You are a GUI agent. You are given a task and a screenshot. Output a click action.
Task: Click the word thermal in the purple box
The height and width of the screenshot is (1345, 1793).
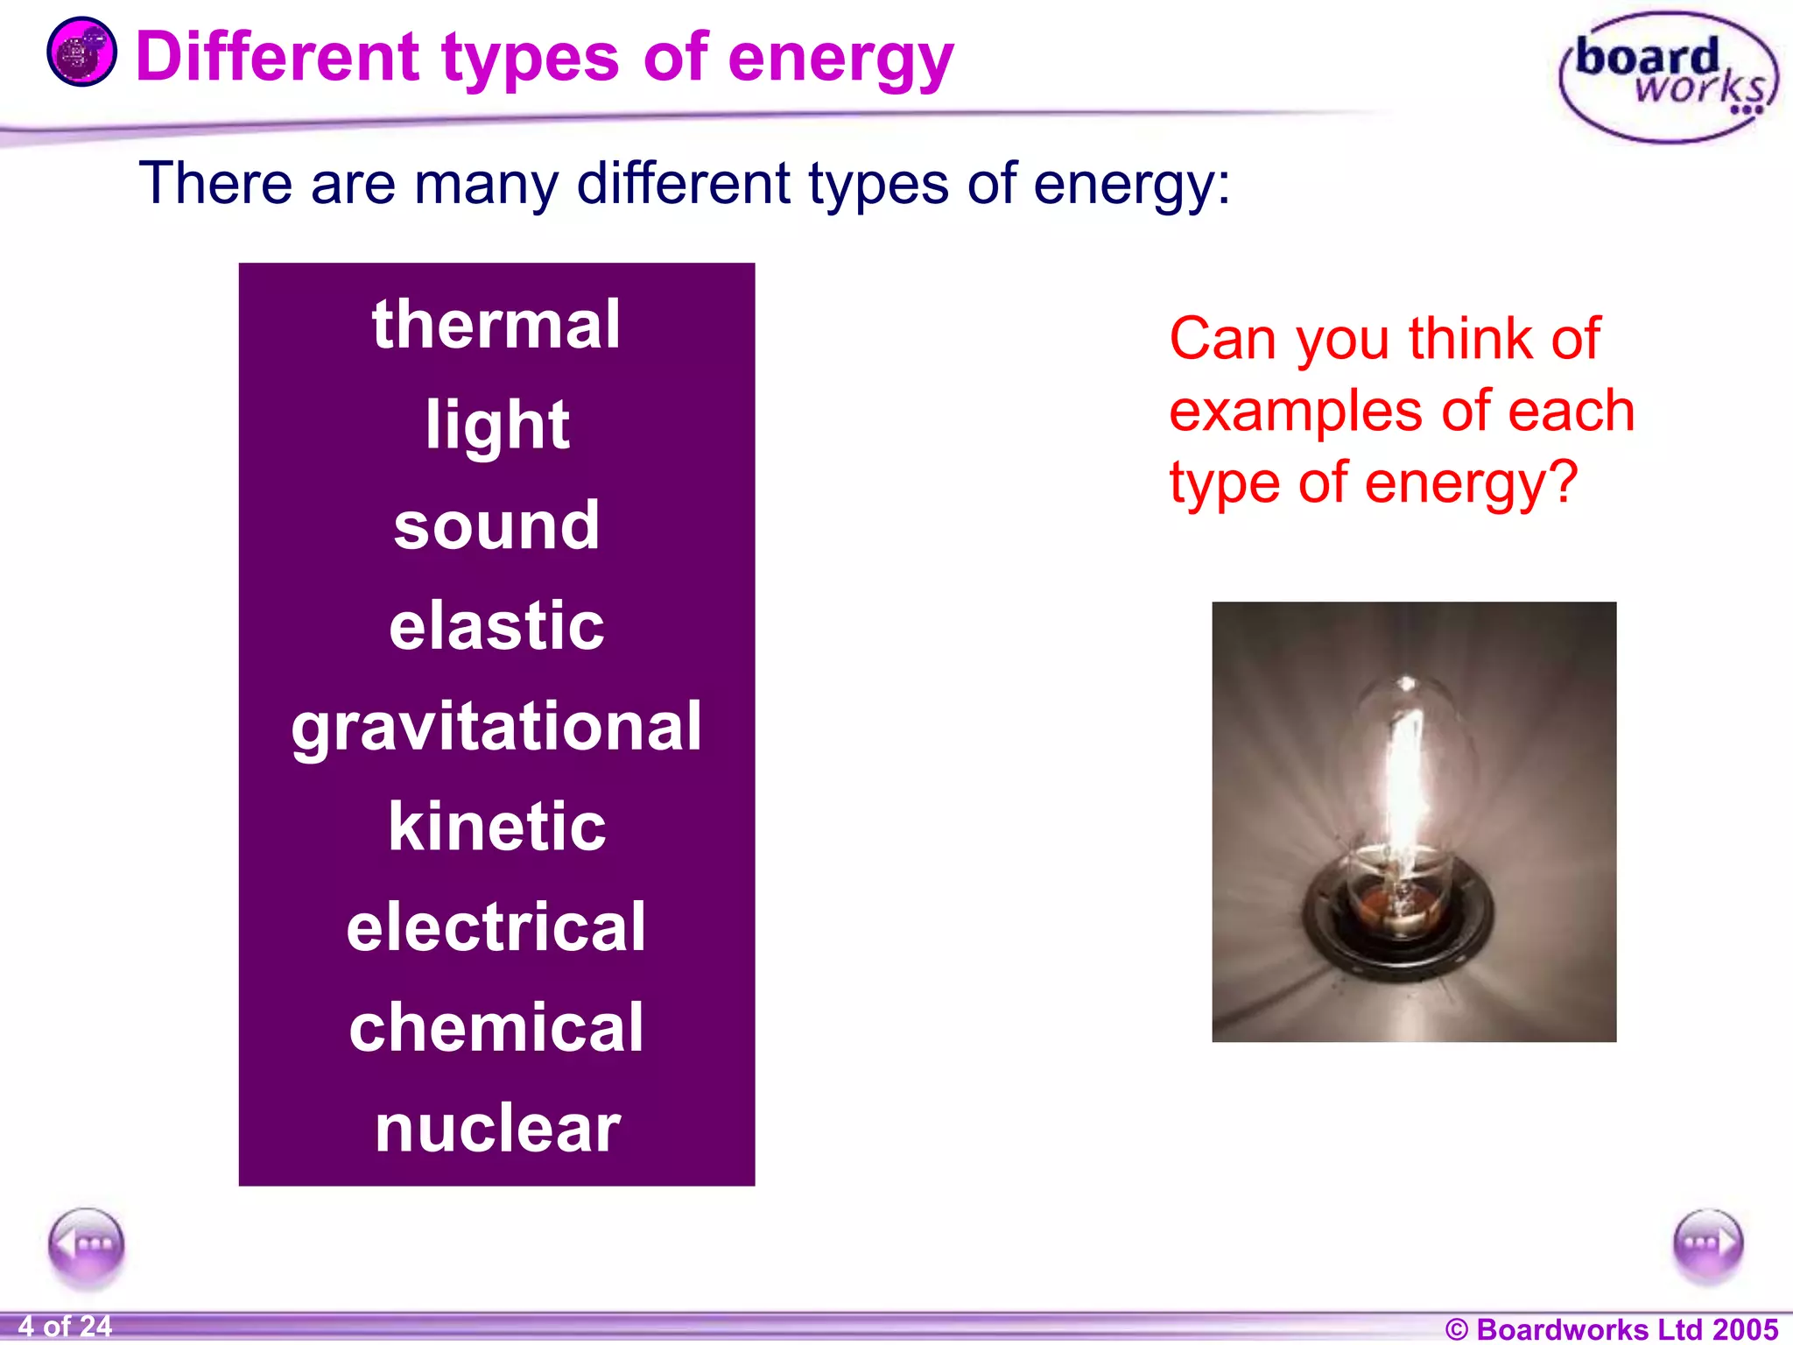point(496,325)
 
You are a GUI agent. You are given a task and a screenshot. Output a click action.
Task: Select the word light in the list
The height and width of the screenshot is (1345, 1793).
point(496,426)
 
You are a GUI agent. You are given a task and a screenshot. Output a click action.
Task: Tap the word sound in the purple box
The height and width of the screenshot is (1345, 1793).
point(496,526)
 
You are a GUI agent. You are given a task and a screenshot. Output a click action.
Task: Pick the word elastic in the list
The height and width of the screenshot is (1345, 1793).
point(496,626)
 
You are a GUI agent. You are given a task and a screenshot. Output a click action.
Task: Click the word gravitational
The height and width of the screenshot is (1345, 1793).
point(496,727)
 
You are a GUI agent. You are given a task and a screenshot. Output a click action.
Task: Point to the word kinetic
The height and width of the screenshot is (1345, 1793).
point(496,827)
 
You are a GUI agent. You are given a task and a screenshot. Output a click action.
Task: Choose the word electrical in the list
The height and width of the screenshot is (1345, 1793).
point(496,927)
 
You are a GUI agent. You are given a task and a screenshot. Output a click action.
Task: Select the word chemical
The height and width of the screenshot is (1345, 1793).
point(496,1028)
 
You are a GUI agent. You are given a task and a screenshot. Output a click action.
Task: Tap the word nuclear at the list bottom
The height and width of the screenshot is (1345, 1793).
point(496,1129)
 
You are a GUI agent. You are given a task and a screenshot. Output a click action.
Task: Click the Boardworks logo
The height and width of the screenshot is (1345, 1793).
point(1668,77)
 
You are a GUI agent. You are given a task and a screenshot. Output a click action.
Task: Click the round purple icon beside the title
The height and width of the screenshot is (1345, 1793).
point(81,53)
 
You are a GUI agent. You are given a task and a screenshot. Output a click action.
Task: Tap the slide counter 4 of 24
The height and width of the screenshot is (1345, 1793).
point(65,1327)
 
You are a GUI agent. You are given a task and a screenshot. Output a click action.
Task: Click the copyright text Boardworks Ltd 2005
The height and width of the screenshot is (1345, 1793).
point(1611,1328)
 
